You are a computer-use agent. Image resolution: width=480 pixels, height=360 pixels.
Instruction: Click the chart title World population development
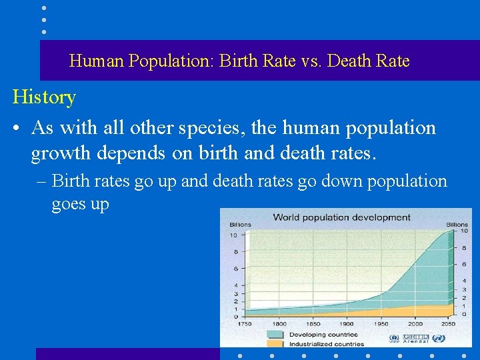pyautogui.click(x=341, y=217)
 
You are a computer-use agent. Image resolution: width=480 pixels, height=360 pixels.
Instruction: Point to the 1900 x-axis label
pyautogui.click(x=347, y=323)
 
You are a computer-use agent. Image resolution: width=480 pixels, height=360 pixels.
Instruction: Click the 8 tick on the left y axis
pyautogui.click(x=234, y=252)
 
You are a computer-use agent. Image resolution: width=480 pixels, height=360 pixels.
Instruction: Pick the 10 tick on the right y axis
pyautogui.click(x=465, y=231)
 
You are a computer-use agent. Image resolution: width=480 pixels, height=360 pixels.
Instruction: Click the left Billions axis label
pyautogui.click(x=240, y=225)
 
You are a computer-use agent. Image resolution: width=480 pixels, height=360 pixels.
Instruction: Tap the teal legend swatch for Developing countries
pyautogui.click(x=276, y=334)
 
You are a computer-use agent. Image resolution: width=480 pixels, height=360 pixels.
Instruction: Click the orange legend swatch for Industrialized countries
pyautogui.click(x=276, y=344)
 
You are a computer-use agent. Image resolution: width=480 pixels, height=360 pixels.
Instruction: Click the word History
pyautogui.click(x=44, y=97)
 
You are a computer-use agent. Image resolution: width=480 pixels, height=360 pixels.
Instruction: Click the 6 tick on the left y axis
pyautogui.click(x=234, y=269)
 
